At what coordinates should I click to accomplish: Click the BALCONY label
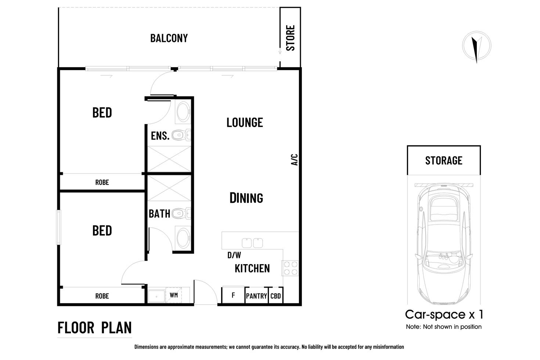point(169,38)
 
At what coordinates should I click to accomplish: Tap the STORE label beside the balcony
point(290,38)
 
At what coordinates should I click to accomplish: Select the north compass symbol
point(476,46)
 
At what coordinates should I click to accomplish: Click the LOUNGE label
point(245,122)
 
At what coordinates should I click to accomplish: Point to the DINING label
point(246,198)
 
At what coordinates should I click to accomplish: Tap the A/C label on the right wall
point(294,159)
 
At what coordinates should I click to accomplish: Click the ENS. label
point(160,136)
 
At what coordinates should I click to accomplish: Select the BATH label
point(159,214)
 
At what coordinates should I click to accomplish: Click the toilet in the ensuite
point(180,136)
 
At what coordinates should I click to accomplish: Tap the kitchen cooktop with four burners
point(290,268)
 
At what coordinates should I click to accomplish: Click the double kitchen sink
point(252,243)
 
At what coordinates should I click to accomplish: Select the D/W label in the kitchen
point(234,255)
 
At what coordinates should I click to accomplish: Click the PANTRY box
point(256,296)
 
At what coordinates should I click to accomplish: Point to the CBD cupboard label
point(276,296)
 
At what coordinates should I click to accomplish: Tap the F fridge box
point(233,295)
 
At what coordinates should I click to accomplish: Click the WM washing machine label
point(174,295)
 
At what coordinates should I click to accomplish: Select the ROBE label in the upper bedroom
point(102,182)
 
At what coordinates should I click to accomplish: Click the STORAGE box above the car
point(443,161)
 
